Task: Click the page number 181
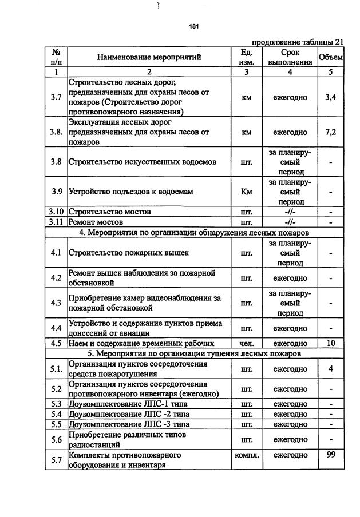pyautogui.click(x=193, y=26)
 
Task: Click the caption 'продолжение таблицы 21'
pyautogui.click(x=298, y=42)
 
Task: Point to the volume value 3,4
pyautogui.click(x=330, y=97)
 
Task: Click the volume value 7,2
pyautogui.click(x=330, y=132)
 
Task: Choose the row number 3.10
pyautogui.click(x=56, y=212)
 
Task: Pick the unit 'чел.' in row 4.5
pyautogui.click(x=247, y=344)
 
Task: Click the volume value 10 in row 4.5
pyautogui.click(x=330, y=343)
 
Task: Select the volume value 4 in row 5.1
pyautogui.click(x=330, y=369)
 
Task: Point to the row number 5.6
pyautogui.click(x=56, y=439)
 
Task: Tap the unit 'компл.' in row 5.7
pyautogui.click(x=247, y=455)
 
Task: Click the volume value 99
pyautogui.click(x=330, y=455)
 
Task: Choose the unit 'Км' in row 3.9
pyautogui.click(x=247, y=192)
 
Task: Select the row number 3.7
pyautogui.click(x=56, y=97)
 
